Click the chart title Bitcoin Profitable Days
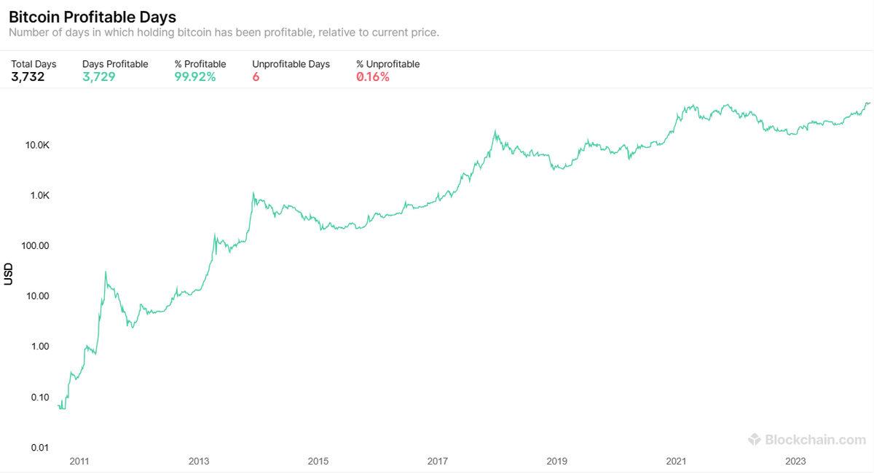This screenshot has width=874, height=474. pyautogui.click(x=92, y=16)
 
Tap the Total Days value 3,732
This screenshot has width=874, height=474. pyautogui.click(x=28, y=77)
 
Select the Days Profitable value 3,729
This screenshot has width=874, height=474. pyautogui.click(x=99, y=77)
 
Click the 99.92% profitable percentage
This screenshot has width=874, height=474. pyautogui.click(x=195, y=77)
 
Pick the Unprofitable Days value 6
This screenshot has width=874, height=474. pyautogui.click(x=256, y=77)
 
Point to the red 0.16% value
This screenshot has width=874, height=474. pyautogui.click(x=373, y=77)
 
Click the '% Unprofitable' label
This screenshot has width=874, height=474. pyautogui.click(x=387, y=64)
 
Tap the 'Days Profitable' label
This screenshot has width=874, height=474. pyautogui.click(x=115, y=64)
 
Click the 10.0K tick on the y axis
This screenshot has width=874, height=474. pyautogui.click(x=36, y=145)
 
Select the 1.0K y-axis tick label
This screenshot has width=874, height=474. pyautogui.click(x=39, y=195)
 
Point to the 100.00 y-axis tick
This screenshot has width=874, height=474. pyautogui.click(x=35, y=245)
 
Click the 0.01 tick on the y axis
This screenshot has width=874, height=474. pyautogui.click(x=39, y=447)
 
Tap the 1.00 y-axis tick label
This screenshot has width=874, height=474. pyautogui.click(x=39, y=346)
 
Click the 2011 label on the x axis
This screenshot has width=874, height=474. pyautogui.click(x=79, y=461)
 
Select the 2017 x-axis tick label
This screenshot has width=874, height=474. pyautogui.click(x=437, y=461)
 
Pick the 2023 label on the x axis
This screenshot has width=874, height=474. pyautogui.click(x=795, y=461)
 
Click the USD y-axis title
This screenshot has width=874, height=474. pyautogui.click(x=9, y=274)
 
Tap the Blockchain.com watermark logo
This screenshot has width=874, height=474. pyautogui.click(x=807, y=439)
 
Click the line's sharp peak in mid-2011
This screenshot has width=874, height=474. pyautogui.click(x=106, y=272)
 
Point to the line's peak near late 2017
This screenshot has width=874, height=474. pyautogui.click(x=495, y=132)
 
